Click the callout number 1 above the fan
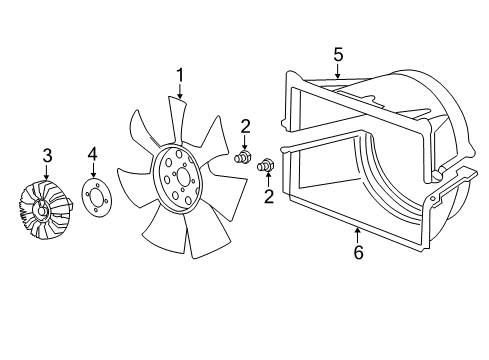tap(180, 74)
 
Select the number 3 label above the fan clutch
tap(46, 155)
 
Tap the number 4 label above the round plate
tap(92, 155)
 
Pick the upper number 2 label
tap(244, 125)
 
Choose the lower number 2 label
tap(268, 195)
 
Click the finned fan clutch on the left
tap(44, 211)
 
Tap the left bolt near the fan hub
tap(241, 157)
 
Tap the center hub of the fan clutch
tap(42, 210)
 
